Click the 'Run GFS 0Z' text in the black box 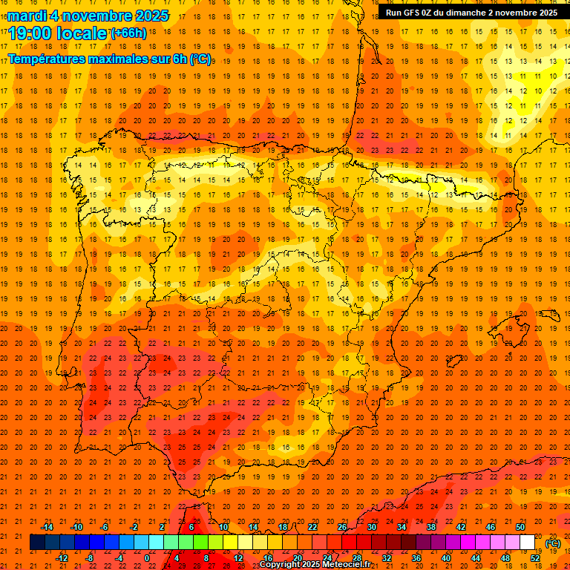pyautogui.click(x=411, y=13)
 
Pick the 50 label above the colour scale pyautogui.click(x=520, y=527)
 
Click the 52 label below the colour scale pyautogui.click(x=535, y=558)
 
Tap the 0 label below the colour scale pyautogui.click(x=147, y=558)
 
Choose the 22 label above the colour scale pyautogui.click(x=312, y=527)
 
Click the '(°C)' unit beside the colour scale pyautogui.click(x=552, y=543)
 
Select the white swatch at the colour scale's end pyautogui.click(x=528, y=543)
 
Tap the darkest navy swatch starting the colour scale pyautogui.click(x=37, y=543)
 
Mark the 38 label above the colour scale pyautogui.click(x=431, y=527)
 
